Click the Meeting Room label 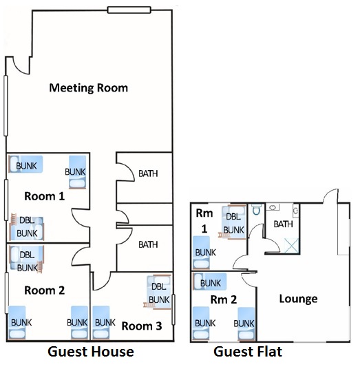coord(88,88)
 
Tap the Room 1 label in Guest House coord(44,196)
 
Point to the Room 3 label coord(142,326)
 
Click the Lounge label coord(298,299)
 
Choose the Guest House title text coord(90,352)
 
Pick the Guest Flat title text coord(248,352)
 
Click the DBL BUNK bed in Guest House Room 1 coord(27,227)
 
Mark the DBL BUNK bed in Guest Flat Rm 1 coord(233,222)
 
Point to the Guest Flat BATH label coord(283,224)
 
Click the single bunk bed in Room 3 coord(101,323)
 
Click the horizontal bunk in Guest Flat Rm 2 coord(209,282)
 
